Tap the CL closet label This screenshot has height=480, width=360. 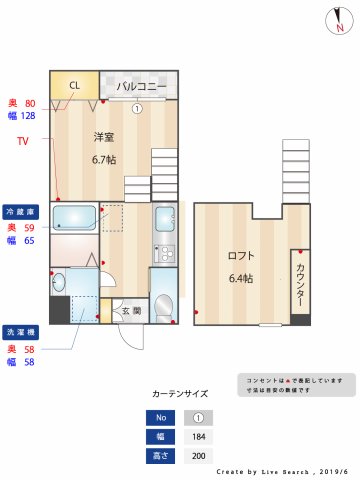click(x=74, y=86)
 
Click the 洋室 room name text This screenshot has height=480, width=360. click(x=104, y=137)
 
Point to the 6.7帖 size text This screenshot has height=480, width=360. click(x=104, y=159)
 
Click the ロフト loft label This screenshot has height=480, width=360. click(x=241, y=255)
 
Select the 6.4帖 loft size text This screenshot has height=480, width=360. click(x=241, y=277)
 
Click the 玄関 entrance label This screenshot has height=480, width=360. click(x=131, y=311)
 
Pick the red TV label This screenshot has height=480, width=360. click(x=22, y=141)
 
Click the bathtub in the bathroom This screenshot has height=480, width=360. click(x=73, y=218)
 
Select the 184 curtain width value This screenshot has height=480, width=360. click(x=198, y=437)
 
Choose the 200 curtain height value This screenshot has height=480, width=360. click(x=198, y=455)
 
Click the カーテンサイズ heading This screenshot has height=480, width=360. click(x=181, y=394)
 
